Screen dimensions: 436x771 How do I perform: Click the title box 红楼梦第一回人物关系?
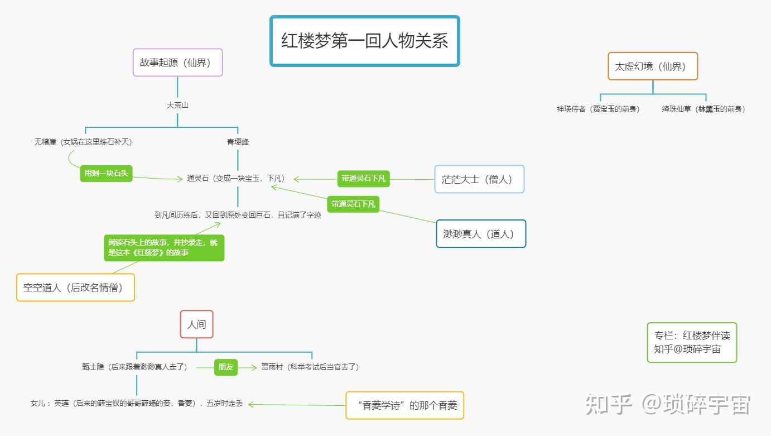coord(364,41)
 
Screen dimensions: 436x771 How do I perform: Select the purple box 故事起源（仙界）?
coord(177,63)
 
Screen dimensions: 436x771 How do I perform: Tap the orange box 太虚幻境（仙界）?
coord(652,66)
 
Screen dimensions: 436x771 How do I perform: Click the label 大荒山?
coord(177,105)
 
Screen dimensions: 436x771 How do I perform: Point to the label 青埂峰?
coord(238,142)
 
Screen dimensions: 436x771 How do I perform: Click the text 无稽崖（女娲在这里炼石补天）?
coord(84,142)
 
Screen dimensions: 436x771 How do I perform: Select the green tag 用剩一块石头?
coord(106,173)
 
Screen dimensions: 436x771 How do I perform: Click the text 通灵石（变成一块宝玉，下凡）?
coord(237,179)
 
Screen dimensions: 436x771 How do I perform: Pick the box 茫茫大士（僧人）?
coord(479,179)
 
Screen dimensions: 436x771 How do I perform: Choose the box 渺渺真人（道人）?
coord(480,234)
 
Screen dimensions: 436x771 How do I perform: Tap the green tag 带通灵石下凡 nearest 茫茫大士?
coord(363,179)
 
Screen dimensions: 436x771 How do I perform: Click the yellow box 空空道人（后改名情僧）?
coord(75,288)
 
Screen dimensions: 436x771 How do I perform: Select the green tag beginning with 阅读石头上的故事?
coord(163,248)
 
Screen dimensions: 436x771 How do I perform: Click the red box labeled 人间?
coord(196,324)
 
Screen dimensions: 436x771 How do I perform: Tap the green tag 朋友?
coord(226,367)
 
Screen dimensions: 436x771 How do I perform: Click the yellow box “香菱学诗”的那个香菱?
coord(404,405)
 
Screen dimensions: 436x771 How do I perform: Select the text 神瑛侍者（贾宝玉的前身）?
coord(598,109)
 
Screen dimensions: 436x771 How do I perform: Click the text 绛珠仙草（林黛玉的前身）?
coord(703,109)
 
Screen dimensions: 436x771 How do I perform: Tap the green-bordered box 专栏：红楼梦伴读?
coord(692,342)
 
